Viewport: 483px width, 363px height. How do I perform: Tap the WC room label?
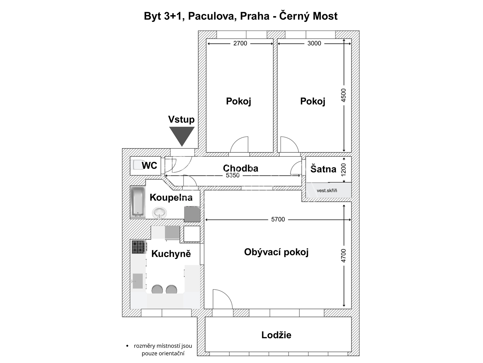point(149,165)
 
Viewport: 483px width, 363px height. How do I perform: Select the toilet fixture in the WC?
point(137,165)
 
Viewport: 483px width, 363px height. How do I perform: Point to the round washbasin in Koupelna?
point(159,213)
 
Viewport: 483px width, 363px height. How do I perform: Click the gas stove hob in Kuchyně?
point(138,247)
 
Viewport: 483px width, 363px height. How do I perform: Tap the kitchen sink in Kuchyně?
point(138,281)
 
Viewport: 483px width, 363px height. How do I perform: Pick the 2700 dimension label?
point(240,44)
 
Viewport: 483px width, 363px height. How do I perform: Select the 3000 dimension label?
point(314,44)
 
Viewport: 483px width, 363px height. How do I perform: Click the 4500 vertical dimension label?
point(343,95)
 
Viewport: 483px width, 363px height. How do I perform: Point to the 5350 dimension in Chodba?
point(232,175)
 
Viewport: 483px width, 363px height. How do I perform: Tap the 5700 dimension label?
point(278,220)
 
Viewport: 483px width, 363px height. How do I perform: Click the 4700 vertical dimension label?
point(343,256)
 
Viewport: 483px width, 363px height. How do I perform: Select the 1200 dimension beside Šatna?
point(343,170)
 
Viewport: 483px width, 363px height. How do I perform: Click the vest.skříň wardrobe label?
point(327,191)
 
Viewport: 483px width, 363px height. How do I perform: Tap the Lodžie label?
point(277,335)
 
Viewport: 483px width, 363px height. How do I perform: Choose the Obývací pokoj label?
point(277,252)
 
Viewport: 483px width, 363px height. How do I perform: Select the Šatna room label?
point(323,169)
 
